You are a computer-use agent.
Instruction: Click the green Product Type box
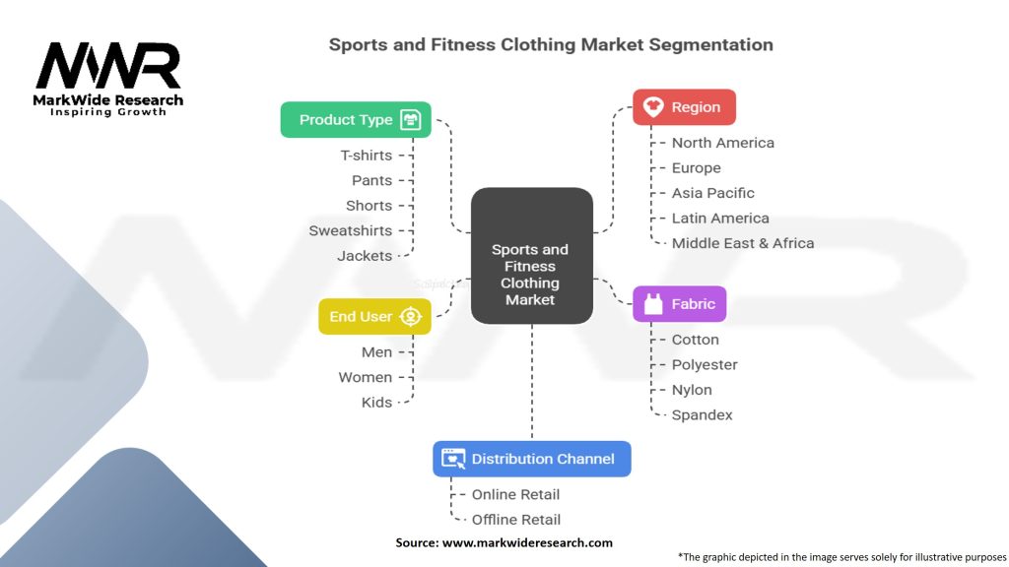point(355,120)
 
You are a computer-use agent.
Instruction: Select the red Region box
point(684,107)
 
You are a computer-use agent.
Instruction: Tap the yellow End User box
point(374,317)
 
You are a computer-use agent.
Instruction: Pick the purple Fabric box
point(679,304)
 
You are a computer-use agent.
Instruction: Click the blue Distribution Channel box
point(531,459)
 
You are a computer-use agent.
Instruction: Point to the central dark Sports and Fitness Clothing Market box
point(531,256)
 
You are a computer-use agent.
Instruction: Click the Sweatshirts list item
point(350,230)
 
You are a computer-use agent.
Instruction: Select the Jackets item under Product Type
point(365,256)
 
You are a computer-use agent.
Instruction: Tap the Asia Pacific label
point(712,193)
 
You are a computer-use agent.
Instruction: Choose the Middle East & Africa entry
point(742,243)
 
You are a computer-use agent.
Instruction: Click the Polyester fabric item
point(705,365)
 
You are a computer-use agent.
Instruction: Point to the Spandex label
point(702,415)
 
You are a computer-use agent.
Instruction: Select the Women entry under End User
point(365,377)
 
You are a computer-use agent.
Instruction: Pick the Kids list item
point(376,403)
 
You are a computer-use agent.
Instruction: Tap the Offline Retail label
point(516,520)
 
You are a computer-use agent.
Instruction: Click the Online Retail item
point(515,494)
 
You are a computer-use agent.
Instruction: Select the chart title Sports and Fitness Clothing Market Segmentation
point(550,44)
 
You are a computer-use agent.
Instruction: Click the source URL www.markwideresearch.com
point(527,542)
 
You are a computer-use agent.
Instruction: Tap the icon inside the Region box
point(651,107)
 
